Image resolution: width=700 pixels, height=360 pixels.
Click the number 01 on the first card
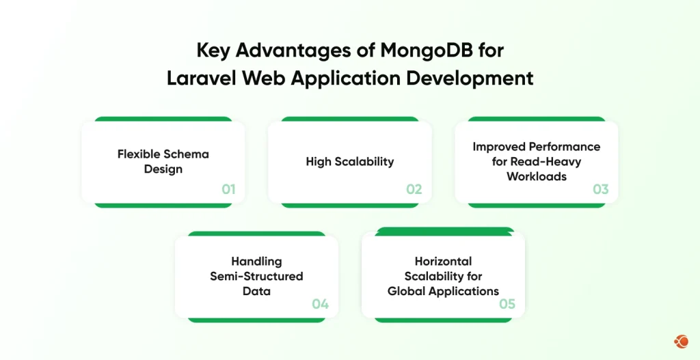(x=228, y=189)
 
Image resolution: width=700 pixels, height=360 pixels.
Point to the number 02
(x=414, y=189)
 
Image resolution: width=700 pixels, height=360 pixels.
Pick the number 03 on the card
(x=600, y=189)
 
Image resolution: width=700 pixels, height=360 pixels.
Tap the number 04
(x=321, y=304)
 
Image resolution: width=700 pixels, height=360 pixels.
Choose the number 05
(x=507, y=304)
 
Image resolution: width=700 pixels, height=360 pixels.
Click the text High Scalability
(x=350, y=161)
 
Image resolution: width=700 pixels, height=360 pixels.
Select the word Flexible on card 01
(x=136, y=154)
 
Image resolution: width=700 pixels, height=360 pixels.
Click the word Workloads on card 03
(x=537, y=176)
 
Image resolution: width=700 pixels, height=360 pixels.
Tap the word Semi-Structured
(x=257, y=276)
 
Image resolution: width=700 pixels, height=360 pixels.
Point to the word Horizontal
(x=443, y=261)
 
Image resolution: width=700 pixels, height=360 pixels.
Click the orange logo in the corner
(x=682, y=342)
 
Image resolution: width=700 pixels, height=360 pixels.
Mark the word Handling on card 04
(x=257, y=262)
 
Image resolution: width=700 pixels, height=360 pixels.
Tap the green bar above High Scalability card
(x=350, y=119)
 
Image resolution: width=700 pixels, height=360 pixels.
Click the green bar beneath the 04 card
(x=257, y=320)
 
